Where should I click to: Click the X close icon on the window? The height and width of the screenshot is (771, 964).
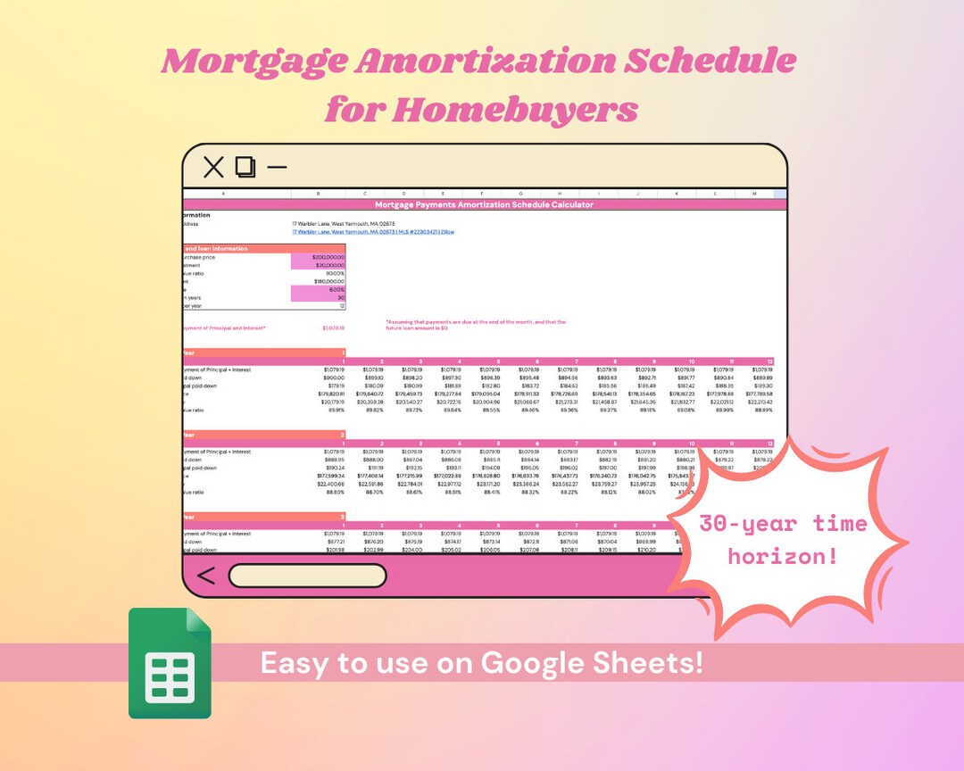point(213,167)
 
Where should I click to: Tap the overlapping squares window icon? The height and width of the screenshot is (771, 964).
point(245,167)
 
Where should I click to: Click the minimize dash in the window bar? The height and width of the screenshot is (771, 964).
point(278,167)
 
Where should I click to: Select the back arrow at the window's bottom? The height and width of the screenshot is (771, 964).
point(205,576)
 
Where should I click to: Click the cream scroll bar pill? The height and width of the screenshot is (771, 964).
point(307,576)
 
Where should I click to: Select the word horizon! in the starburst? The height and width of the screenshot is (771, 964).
point(782,555)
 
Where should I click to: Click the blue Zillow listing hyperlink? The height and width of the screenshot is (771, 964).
point(373,232)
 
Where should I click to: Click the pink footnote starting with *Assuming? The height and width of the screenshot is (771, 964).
point(475,325)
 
